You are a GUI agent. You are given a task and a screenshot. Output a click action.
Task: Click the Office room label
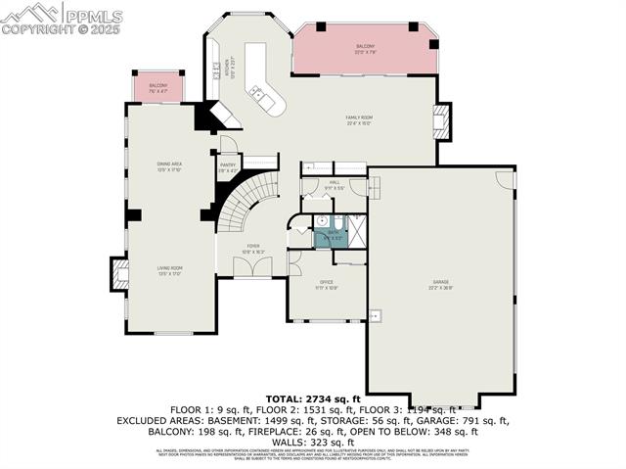[327, 284]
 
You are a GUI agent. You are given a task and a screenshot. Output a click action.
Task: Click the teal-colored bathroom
[331, 236]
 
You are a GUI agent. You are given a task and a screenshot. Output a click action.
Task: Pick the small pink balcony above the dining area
[158, 87]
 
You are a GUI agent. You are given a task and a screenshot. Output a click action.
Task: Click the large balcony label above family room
[365, 49]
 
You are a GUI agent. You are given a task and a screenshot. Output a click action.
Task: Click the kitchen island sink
[258, 94]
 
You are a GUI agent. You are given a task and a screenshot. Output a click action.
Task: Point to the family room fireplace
[443, 121]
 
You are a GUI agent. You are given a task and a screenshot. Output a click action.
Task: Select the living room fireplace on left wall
[120, 273]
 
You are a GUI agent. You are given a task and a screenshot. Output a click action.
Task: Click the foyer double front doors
[253, 267]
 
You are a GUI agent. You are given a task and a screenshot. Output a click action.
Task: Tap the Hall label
[333, 185]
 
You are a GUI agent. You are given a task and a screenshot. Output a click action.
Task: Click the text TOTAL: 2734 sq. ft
[313, 399]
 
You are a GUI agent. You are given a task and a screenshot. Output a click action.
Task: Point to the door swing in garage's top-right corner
[504, 179]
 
